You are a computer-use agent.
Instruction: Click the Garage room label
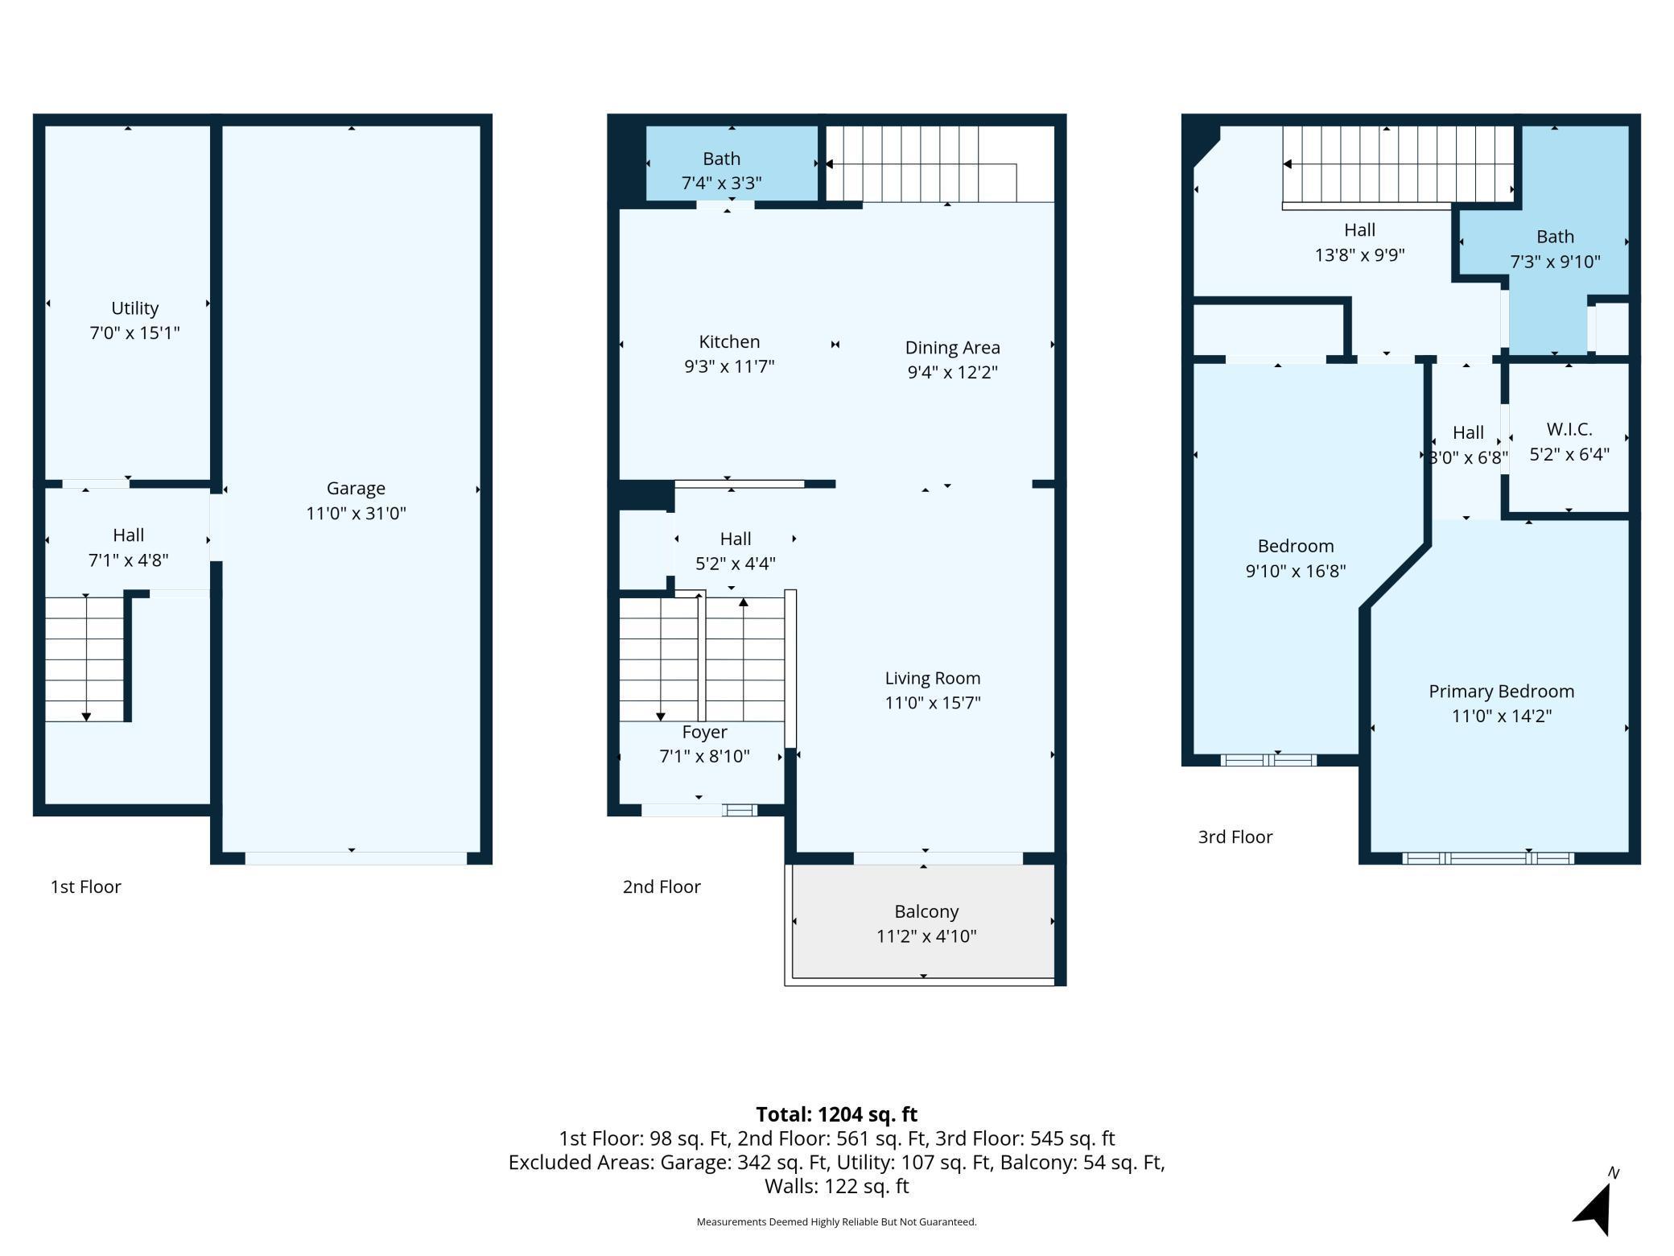click(x=356, y=488)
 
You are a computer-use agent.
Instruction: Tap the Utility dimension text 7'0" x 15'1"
click(x=134, y=333)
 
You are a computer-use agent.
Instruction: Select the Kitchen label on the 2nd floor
click(x=729, y=341)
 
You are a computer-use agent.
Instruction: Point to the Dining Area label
click(x=953, y=348)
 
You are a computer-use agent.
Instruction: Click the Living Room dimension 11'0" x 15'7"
click(x=933, y=703)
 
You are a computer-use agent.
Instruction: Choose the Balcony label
click(x=926, y=911)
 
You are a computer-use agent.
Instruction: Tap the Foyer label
click(x=704, y=732)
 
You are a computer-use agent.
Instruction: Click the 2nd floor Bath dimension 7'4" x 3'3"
click(x=721, y=183)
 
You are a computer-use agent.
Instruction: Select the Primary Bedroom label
click(x=1501, y=692)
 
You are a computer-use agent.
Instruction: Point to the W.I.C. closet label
click(x=1569, y=429)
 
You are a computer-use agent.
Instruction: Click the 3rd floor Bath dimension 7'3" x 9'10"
click(x=1555, y=262)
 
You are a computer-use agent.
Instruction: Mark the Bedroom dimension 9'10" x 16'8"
click(x=1296, y=571)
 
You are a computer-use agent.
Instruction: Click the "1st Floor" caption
click(x=85, y=886)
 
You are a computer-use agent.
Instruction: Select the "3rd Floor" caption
click(x=1235, y=837)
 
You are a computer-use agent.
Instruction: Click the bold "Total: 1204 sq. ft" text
click(x=836, y=1114)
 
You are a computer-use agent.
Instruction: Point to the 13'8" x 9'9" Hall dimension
click(x=1359, y=255)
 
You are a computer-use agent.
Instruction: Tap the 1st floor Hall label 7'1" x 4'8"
click(x=128, y=547)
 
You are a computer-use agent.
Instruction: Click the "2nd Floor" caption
click(x=662, y=886)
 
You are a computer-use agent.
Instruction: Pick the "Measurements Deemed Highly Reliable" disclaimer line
click(x=836, y=1221)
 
